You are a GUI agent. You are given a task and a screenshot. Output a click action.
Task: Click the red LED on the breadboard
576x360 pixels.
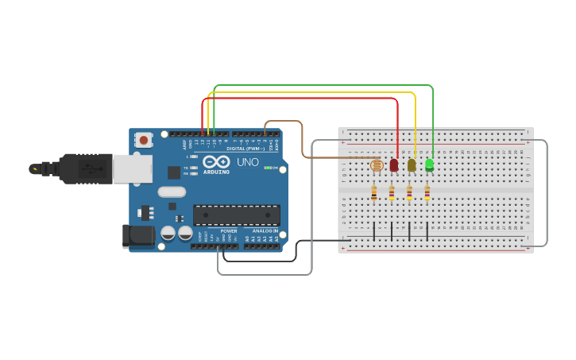click(394, 165)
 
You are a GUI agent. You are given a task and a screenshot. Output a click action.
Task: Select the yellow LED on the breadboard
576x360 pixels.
click(412, 165)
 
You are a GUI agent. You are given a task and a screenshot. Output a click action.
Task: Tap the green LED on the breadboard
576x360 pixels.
click(430, 165)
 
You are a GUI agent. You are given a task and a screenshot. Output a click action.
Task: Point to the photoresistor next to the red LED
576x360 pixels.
click(377, 165)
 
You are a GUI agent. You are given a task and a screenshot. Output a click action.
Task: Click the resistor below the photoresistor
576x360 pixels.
click(373, 192)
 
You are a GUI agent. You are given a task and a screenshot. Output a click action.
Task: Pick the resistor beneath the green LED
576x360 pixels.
click(427, 192)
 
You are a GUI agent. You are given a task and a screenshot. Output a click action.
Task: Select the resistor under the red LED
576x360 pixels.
click(392, 192)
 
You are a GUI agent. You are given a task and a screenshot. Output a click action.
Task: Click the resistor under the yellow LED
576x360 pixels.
click(409, 192)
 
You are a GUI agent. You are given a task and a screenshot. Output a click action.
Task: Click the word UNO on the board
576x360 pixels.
click(248, 162)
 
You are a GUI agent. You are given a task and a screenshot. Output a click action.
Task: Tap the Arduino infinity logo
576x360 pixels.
click(217, 161)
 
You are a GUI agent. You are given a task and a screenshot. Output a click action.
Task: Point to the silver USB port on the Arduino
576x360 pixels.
click(132, 169)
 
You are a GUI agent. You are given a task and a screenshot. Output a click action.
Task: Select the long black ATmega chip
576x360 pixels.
click(237, 215)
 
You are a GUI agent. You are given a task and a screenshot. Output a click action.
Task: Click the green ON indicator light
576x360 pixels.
click(267, 168)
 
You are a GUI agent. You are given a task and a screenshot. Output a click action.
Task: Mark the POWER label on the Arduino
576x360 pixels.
click(229, 231)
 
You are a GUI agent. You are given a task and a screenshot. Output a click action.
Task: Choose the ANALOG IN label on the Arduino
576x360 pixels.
click(265, 231)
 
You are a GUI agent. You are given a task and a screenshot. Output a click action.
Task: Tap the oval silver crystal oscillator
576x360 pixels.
click(172, 192)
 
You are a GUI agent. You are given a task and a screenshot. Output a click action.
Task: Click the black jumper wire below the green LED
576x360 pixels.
click(427, 231)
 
